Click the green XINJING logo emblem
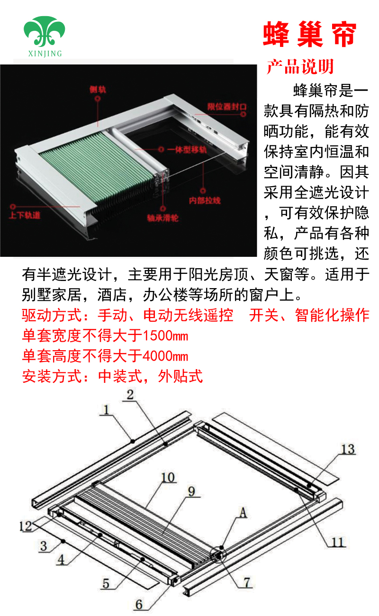click(44, 31)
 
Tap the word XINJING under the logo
click(45, 54)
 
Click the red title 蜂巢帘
click(310, 34)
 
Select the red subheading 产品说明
click(300, 66)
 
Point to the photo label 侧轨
click(98, 90)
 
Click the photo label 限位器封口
click(227, 107)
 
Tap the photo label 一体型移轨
click(187, 150)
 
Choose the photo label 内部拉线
click(205, 200)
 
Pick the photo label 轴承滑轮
click(163, 218)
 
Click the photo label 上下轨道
click(25, 215)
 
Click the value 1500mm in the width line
click(165, 336)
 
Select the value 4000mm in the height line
click(165, 356)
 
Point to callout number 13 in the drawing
click(348, 449)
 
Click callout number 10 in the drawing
click(168, 478)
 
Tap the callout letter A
click(243, 513)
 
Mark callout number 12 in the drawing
click(26, 526)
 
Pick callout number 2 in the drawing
click(130, 395)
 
